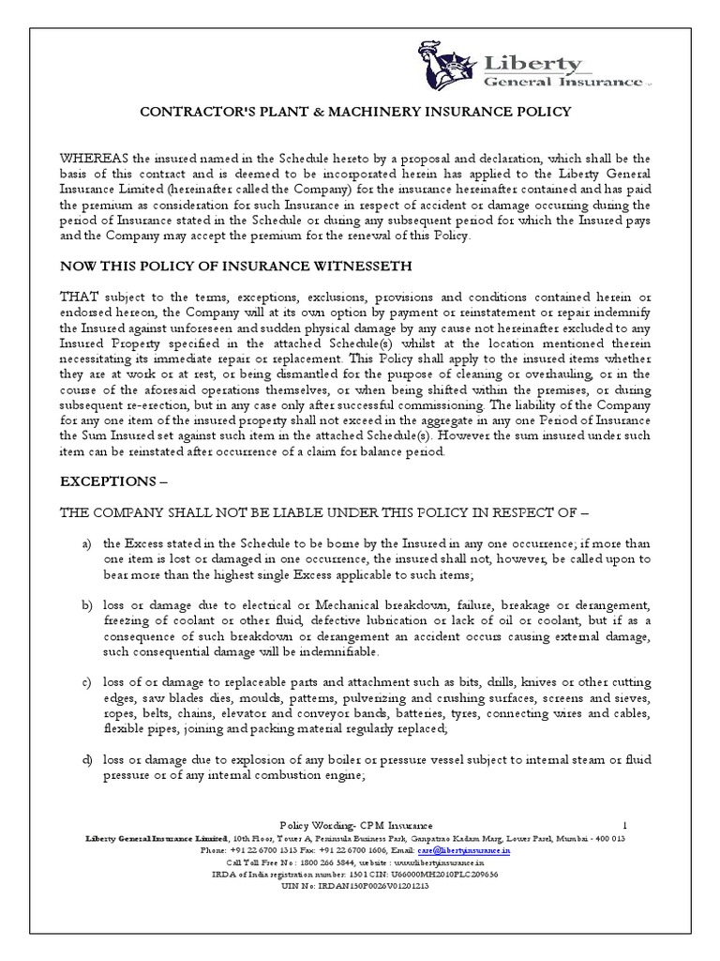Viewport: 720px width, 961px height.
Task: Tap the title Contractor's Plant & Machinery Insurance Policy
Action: point(355,112)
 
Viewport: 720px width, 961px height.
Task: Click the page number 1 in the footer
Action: point(624,822)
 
